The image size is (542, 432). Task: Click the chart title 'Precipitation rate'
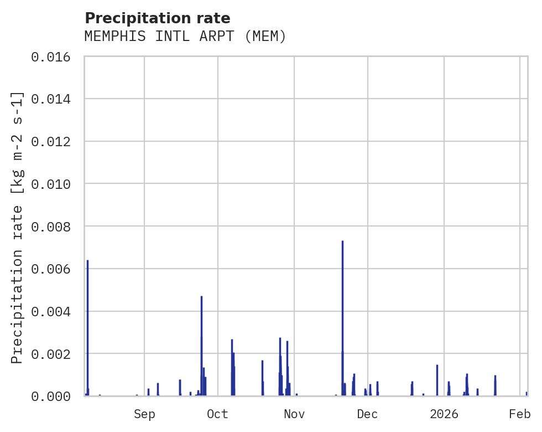157,18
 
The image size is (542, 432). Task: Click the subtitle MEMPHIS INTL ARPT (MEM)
185,37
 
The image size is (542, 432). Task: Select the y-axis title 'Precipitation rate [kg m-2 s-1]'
17,227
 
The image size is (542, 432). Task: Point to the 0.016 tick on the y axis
54,57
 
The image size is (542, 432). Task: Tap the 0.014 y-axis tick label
54,99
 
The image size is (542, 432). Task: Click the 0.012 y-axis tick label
54,142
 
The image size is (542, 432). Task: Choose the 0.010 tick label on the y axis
54,184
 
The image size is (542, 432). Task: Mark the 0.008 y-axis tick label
54,227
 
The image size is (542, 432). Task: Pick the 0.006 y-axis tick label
54,269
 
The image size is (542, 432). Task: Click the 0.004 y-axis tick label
54,311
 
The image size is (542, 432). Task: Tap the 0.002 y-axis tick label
54,353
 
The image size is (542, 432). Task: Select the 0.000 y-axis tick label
54,396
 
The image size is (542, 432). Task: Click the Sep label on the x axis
144,414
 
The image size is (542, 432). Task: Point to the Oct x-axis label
218,414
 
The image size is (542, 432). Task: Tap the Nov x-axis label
294,414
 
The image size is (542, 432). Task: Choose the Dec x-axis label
368,414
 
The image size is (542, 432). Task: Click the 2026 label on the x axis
444,414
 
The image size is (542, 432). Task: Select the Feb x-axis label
520,414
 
